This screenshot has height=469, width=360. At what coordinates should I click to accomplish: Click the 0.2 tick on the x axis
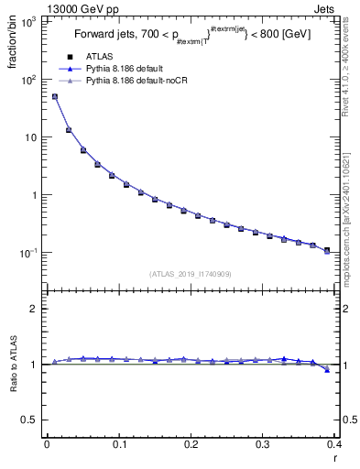pyautogui.click(x=191, y=444)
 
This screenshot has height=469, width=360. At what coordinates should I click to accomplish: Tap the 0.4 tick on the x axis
pyautogui.click(x=334, y=444)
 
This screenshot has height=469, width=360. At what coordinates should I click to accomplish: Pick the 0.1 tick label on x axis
pyautogui.click(x=118, y=444)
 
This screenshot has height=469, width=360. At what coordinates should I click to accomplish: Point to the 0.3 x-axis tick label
pyautogui.click(x=263, y=444)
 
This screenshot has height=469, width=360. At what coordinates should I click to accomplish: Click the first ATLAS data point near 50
pyautogui.click(x=54, y=96)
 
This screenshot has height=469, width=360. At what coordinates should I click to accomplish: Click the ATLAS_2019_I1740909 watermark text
pyautogui.click(x=191, y=273)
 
